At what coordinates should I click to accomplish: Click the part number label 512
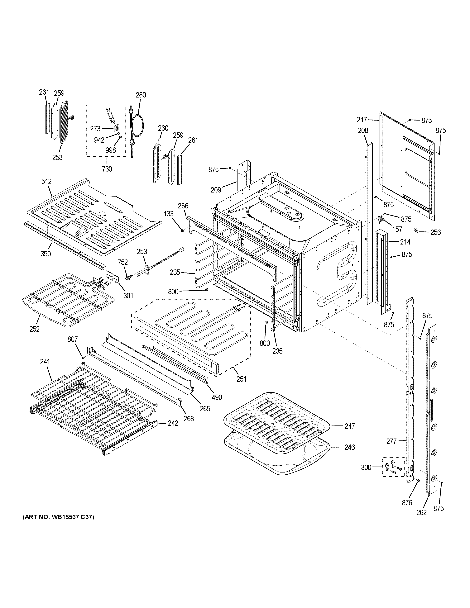point(46,182)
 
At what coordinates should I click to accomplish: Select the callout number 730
point(107,169)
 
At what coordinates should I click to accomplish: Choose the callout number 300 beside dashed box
point(366,467)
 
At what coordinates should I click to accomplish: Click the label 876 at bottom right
point(407,503)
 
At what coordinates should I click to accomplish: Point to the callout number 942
point(99,140)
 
